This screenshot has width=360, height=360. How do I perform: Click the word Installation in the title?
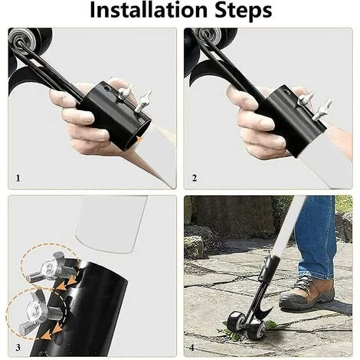[149, 10]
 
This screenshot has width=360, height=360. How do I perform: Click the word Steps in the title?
[244, 10]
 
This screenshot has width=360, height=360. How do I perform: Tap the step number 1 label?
[18, 178]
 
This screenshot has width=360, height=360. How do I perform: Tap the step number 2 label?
[195, 178]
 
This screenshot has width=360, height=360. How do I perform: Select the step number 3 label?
[18, 347]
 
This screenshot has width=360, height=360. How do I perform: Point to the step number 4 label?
[191, 348]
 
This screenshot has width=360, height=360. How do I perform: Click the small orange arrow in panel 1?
[139, 139]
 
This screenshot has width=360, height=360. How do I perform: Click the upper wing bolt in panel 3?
[52, 267]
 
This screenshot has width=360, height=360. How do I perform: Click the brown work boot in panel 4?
[307, 293]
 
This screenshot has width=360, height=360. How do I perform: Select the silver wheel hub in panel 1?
[22, 39]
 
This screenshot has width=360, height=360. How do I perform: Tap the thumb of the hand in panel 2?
[300, 91]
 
